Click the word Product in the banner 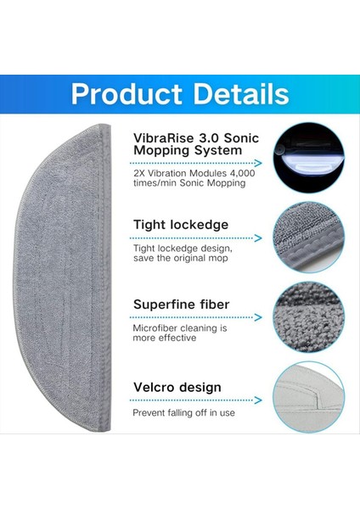pyautogui.click(x=127, y=94)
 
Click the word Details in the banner pyautogui.click(x=241, y=93)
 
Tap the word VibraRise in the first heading pyautogui.click(x=163, y=137)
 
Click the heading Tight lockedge pyautogui.click(x=181, y=225)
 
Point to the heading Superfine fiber pyautogui.click(x=182, y=305)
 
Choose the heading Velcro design pyautogui.click(x=177, y=388)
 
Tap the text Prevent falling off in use pyautogui.click(x=183, y=412)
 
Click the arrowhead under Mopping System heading pyautogui.click(x=259, y=163)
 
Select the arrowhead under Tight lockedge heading pyautogui.click(x=259, y=238)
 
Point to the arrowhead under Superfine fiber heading pyautogui.click(x=259, y=317)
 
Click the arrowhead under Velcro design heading pyautogui.click(x=259, y=400)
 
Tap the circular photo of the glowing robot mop pyautogui.click(x=308, y=158)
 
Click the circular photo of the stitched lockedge pyautogui.click(x=308, y=238)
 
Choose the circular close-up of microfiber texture pyautogui.click(x=308, y=317)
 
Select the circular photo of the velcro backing pyautogui.click(x=308, y=397)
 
